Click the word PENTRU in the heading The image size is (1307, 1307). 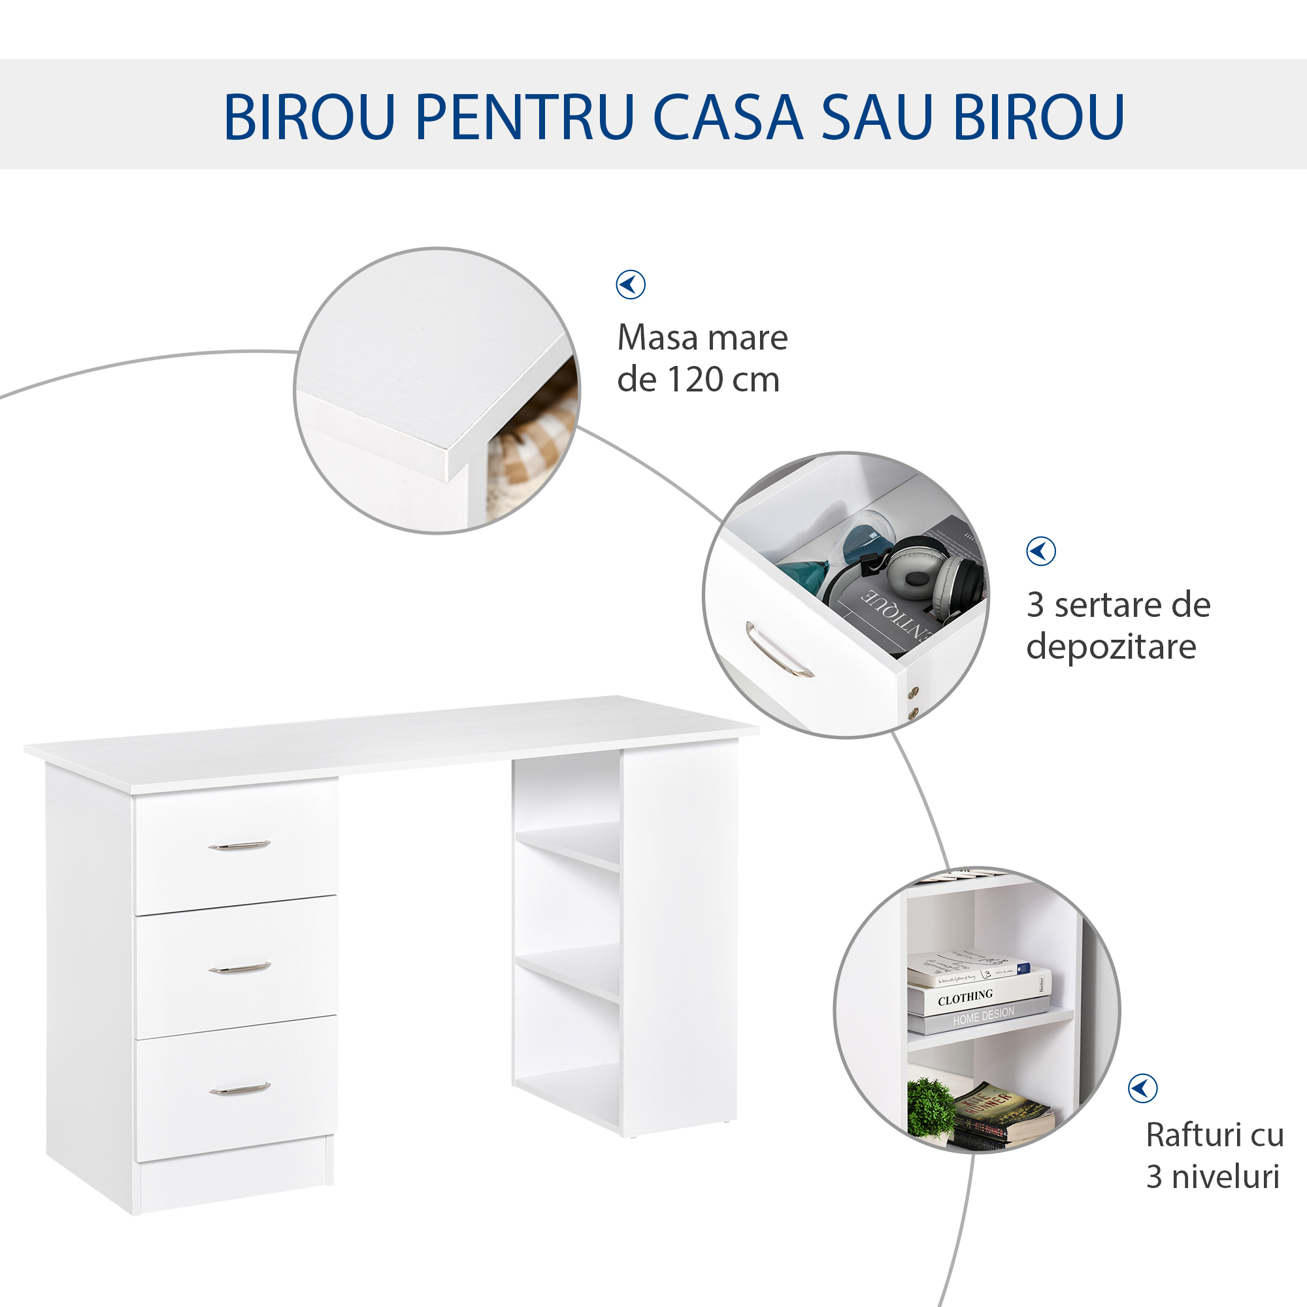coord(524,116)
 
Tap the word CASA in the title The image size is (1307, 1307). coord(727,116)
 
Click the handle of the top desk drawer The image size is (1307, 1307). coord(239,846)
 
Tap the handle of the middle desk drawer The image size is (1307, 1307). coord(239,968)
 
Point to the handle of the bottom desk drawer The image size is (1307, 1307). coord(239,1089)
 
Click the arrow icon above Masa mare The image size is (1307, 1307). coord(631,284)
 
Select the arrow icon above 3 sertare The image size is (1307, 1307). coord(1040,552)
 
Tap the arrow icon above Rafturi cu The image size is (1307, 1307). coord(1142,1089)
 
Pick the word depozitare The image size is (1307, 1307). coord(1111,647)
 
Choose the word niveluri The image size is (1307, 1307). coord(1225,1177)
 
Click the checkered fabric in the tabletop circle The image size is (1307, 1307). coord(535,440)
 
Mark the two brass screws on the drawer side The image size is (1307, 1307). coord(914,701)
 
